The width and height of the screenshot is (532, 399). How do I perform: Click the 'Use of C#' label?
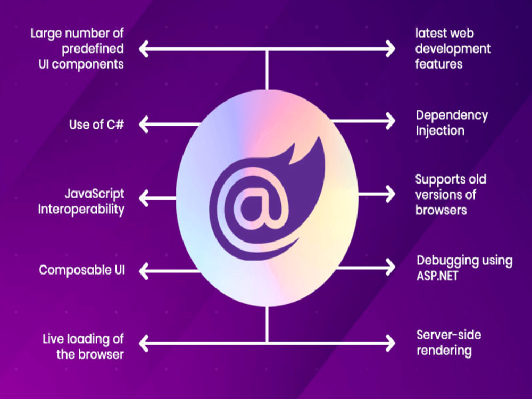pos(97,124)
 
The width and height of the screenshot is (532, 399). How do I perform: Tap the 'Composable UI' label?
pos(82,270)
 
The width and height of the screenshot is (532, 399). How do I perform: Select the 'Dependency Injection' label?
pos(452,123)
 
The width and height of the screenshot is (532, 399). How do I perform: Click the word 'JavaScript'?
pos(95,194)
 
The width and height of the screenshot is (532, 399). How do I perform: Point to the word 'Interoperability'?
pos(81,209)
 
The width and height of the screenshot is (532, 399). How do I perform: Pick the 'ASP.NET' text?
pos(437,276)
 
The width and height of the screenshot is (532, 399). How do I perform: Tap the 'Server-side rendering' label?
pos(448,343)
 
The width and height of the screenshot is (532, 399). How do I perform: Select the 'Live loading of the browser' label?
pos(83,346)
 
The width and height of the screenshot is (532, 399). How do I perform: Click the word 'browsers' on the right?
pos(441,210)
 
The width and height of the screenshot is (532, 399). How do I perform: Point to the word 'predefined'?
pos(93,49)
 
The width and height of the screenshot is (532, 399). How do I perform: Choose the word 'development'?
pos(453,49)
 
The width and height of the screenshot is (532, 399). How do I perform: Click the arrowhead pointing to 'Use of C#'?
pos(144,124)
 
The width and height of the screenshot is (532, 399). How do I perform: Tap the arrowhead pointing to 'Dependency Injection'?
pos(390,121)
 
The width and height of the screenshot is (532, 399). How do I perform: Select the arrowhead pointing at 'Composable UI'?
pos(144,271)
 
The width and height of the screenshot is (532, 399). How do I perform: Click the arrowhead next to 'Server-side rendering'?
pos(390,343)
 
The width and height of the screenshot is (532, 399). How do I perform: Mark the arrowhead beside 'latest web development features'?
pos(390,49)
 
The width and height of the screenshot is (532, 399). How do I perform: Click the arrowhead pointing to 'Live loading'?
pos(144,343)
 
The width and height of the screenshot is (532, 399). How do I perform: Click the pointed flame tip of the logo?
pos(319,137)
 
